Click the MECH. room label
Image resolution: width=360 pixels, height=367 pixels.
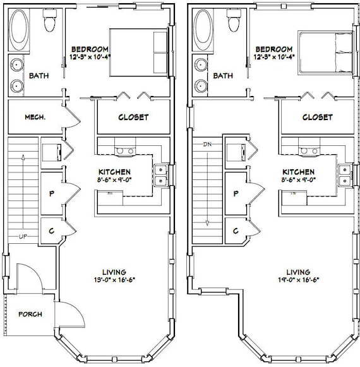click(x=35, y=117)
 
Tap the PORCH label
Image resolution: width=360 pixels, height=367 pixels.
click(x=30, y=314)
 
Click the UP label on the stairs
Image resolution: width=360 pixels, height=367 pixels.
click(x=23, y=237)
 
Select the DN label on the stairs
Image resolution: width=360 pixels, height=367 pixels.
click(x=207, y=145)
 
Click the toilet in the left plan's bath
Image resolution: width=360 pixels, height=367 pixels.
click(x=49, y=21)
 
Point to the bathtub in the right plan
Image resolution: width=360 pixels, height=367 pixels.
click(x=204, y=30)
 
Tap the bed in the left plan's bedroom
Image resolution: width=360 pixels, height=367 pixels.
click(x=139, y=52)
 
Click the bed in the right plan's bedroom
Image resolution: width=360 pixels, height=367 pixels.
click(x=325, y=52)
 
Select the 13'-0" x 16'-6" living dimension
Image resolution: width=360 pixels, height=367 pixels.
click(x=114, y=280)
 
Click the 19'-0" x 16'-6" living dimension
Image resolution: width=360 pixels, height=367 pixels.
click(x=299, y=280)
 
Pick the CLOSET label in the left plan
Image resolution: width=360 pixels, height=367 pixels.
click(x=133, y=117)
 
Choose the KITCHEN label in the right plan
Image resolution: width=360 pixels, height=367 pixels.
click(x=299, y=172)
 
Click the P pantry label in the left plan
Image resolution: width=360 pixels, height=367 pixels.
click(x=52, y=193)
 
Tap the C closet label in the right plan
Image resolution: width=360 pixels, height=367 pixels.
click(x=236, y=231)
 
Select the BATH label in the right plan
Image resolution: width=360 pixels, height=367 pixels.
click(x=223, y=76)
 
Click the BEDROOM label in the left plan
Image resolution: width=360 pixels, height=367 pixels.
click(x=90, y=49)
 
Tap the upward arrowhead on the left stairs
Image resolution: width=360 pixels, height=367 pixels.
click(x=23, y=157)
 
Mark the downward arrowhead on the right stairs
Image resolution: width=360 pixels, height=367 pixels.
click(x=207, y=224)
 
